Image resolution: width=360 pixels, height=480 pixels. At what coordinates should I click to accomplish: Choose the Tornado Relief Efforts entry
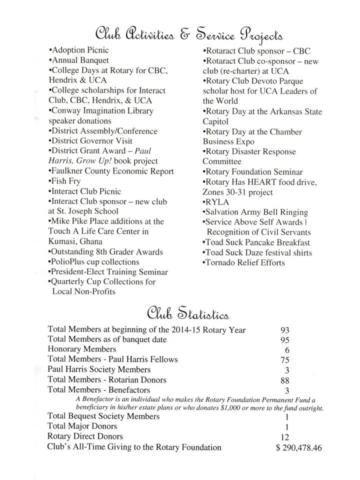[244, 262]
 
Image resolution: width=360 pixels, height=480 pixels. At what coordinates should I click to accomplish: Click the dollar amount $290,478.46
[298, 447]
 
